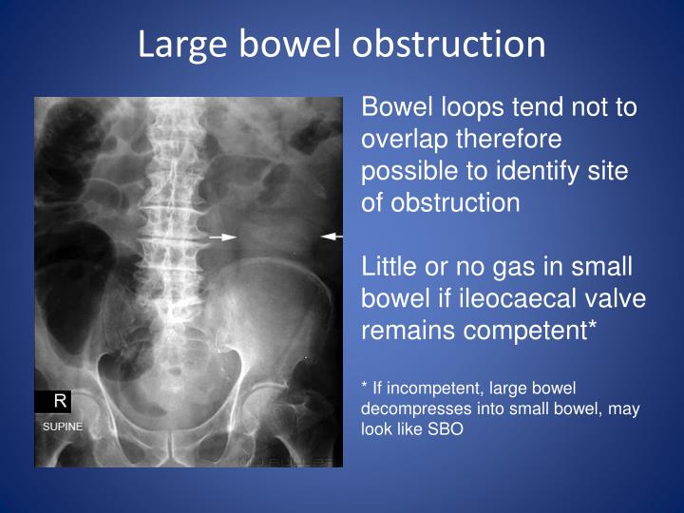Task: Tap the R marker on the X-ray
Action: click(x=59, y=401)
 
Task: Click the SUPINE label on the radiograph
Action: click(x=63, y=427)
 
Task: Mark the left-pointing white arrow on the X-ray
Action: click(x=332, y=235)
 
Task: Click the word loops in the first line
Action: click(x=456, y=106)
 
